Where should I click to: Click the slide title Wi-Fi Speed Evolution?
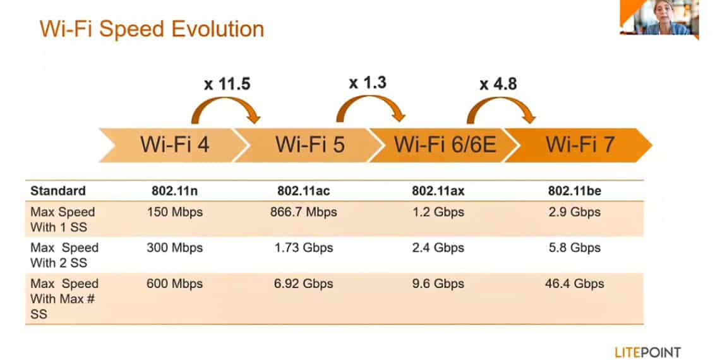tap(152, 29)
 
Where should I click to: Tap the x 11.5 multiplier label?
tap(227, 85)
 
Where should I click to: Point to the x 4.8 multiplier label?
tap(498, 84)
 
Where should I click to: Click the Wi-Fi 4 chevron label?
tap(174, 145)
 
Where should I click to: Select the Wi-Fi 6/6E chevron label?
tap(445, 145)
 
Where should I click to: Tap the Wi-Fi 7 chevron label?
tap(580, 145)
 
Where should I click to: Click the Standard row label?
tap(58, 191)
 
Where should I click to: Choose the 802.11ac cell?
tap(304, 191)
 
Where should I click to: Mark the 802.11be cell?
tap(575, 191)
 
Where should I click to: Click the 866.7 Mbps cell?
tap(304, 212)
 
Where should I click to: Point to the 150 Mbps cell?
tap(174, 212)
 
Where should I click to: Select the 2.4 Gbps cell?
tap(438, 248)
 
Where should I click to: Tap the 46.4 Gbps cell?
tap(575, 284)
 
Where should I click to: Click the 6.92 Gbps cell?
tap(304, 284)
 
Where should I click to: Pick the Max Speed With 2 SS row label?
tap(64, 255)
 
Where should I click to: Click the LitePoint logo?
tap(647, 352)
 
